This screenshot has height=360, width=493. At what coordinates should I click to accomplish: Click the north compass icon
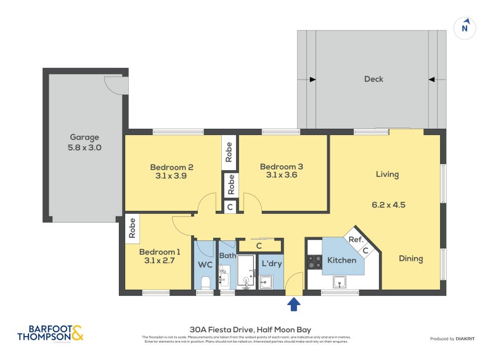pyautogui.click(x=465, y=27)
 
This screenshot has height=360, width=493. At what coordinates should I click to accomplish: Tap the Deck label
pyautogui.click(x=373, y=79)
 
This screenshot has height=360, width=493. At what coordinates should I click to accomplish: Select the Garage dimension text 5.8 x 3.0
pyautogui.click(x=84, y=148)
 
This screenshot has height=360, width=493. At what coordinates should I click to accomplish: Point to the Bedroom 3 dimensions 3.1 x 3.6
pyautogui.click(x=282, y=175)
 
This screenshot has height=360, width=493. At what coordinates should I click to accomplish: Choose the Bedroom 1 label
pyautogui.click(x=160, y=252)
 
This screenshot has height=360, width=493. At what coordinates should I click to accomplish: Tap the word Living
pyautogui.click(x=387, y=174)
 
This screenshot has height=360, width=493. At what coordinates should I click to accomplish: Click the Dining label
pyautogui.click(x=410, y=258)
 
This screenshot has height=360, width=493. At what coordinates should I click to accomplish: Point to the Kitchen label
pyautogui.click(x=341, y=260)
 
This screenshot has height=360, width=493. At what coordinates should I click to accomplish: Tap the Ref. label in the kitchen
pyautogui.click(x=355, y=240)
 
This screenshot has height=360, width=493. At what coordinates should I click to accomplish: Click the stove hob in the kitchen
pyautogui.click(x=314, y=261)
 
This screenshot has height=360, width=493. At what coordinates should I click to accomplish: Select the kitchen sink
pyautogui.click(x=340, y=282)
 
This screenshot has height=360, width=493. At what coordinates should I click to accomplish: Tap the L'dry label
pyautogui.click(x=271, y=264)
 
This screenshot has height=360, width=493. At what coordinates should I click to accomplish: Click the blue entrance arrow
pyautogui.click(x=294, y=303)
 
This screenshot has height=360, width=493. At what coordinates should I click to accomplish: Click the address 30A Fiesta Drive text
pyautogui.click(x=246, y=330)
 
